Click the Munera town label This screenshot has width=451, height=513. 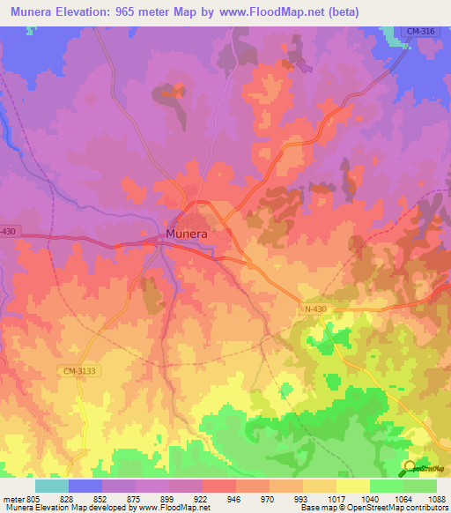(187, 234)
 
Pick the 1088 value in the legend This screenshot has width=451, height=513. (435, 498)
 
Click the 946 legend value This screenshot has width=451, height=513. (234, 498)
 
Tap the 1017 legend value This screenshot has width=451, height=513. (336, 498)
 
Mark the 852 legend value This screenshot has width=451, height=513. (100, 498)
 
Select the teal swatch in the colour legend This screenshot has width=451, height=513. (51, 486)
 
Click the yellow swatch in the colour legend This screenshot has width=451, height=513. (352, 486)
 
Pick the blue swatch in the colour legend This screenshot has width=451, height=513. (85, 486)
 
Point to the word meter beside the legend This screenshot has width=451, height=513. (11, 498)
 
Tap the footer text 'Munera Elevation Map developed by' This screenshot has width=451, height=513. (68, 508)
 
